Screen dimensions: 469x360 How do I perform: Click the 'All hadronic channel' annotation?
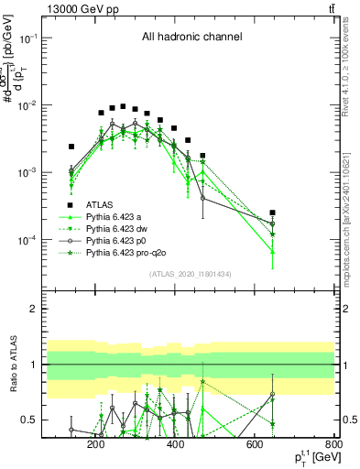pyautogui.click(x=191, y=38)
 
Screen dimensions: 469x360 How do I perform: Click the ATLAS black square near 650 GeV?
pyautogui.click(x=272, y=212)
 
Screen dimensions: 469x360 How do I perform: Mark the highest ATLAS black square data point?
pyautogui.click(x=123, y=106)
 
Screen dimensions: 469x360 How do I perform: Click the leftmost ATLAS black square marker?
pyautogui.click(x=71, y=147)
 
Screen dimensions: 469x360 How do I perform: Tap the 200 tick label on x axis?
pyautogui.click(x=95, y=445)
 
